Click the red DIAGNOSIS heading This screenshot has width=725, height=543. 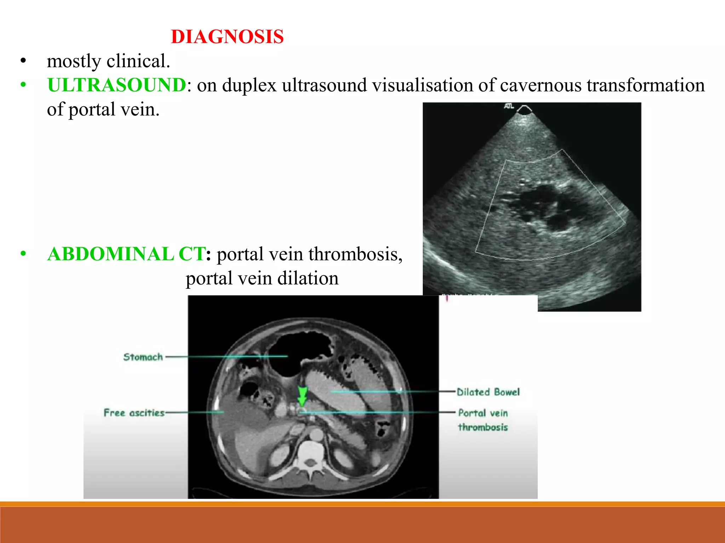tap(227, 37)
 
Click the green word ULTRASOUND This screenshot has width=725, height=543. tap(116, 85)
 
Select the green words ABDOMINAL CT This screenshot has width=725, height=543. tap(126, 254)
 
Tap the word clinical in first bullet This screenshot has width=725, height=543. tap(138, 61)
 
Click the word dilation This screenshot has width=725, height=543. tap(308, 278)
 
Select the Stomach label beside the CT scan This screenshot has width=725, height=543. tap(143, 357)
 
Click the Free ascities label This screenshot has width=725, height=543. tap(134, 413)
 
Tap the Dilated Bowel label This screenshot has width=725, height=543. tap(488, 392)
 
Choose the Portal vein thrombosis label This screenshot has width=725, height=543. tap(483, 420)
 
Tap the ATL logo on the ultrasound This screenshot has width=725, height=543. tap(509, 106)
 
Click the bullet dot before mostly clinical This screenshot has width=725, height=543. tap(23, 61)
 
